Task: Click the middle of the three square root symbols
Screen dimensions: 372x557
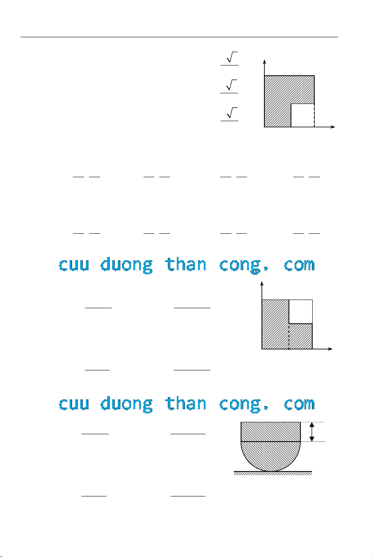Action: click(232, 85)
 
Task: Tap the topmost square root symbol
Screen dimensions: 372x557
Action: click(232, 57)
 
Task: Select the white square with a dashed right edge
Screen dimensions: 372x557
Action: click(302, 115)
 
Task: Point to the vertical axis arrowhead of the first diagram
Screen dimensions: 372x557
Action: click(264, 62)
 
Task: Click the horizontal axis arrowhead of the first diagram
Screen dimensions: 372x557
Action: click(333, 127)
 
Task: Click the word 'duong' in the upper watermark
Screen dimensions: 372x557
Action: click(126, 265)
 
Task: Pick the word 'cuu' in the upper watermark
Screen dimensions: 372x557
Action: click(74, 265)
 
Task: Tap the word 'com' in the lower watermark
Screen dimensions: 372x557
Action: click(300, 404)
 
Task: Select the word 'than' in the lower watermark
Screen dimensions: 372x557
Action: click(185, 403)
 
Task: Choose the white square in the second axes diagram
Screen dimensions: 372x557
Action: click(301, 311)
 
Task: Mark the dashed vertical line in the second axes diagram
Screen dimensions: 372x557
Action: click(289, 336)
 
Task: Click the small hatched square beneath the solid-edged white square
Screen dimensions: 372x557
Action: click(301, 336)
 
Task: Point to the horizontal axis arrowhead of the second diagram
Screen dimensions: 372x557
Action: click(330, 349)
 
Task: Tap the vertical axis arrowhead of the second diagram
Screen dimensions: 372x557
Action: click(262, 284)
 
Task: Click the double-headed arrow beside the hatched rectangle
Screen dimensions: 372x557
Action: click(312, 432)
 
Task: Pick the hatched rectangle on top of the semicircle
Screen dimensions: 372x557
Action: click(271, 432)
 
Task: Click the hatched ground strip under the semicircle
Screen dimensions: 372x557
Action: click(273, 473)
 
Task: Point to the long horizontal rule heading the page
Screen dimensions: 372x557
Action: click(179, 37)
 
